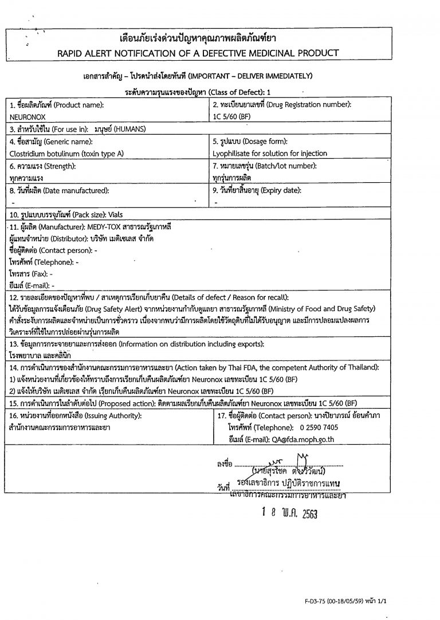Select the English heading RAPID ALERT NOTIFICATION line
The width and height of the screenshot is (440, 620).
click(198, 53)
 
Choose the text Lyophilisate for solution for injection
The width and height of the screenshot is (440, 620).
click(269, 153)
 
